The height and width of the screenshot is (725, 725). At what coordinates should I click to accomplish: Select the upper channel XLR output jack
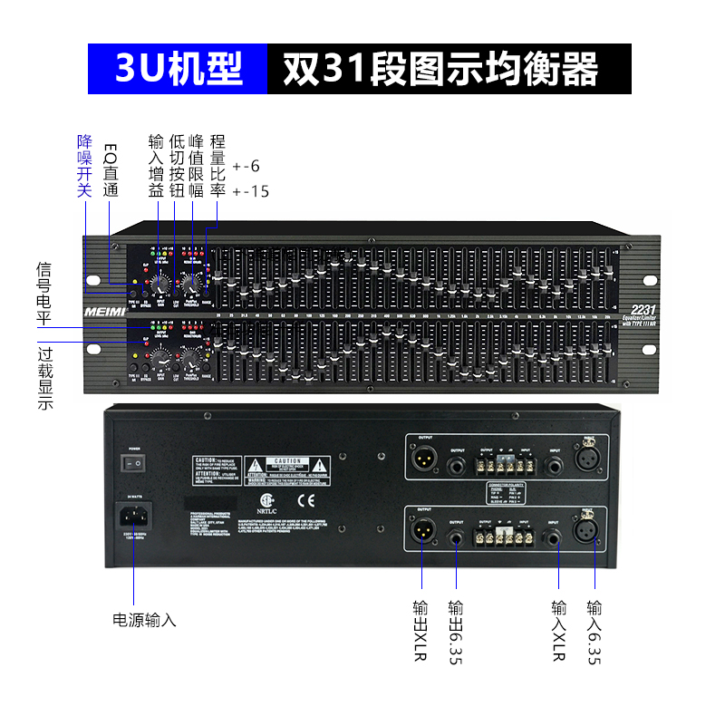pos(421,459)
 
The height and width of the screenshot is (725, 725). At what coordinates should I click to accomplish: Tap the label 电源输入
pos(144,621)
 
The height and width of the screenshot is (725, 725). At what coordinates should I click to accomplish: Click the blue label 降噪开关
pos(84,165)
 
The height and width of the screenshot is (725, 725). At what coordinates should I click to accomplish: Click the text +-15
pos(251,191)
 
